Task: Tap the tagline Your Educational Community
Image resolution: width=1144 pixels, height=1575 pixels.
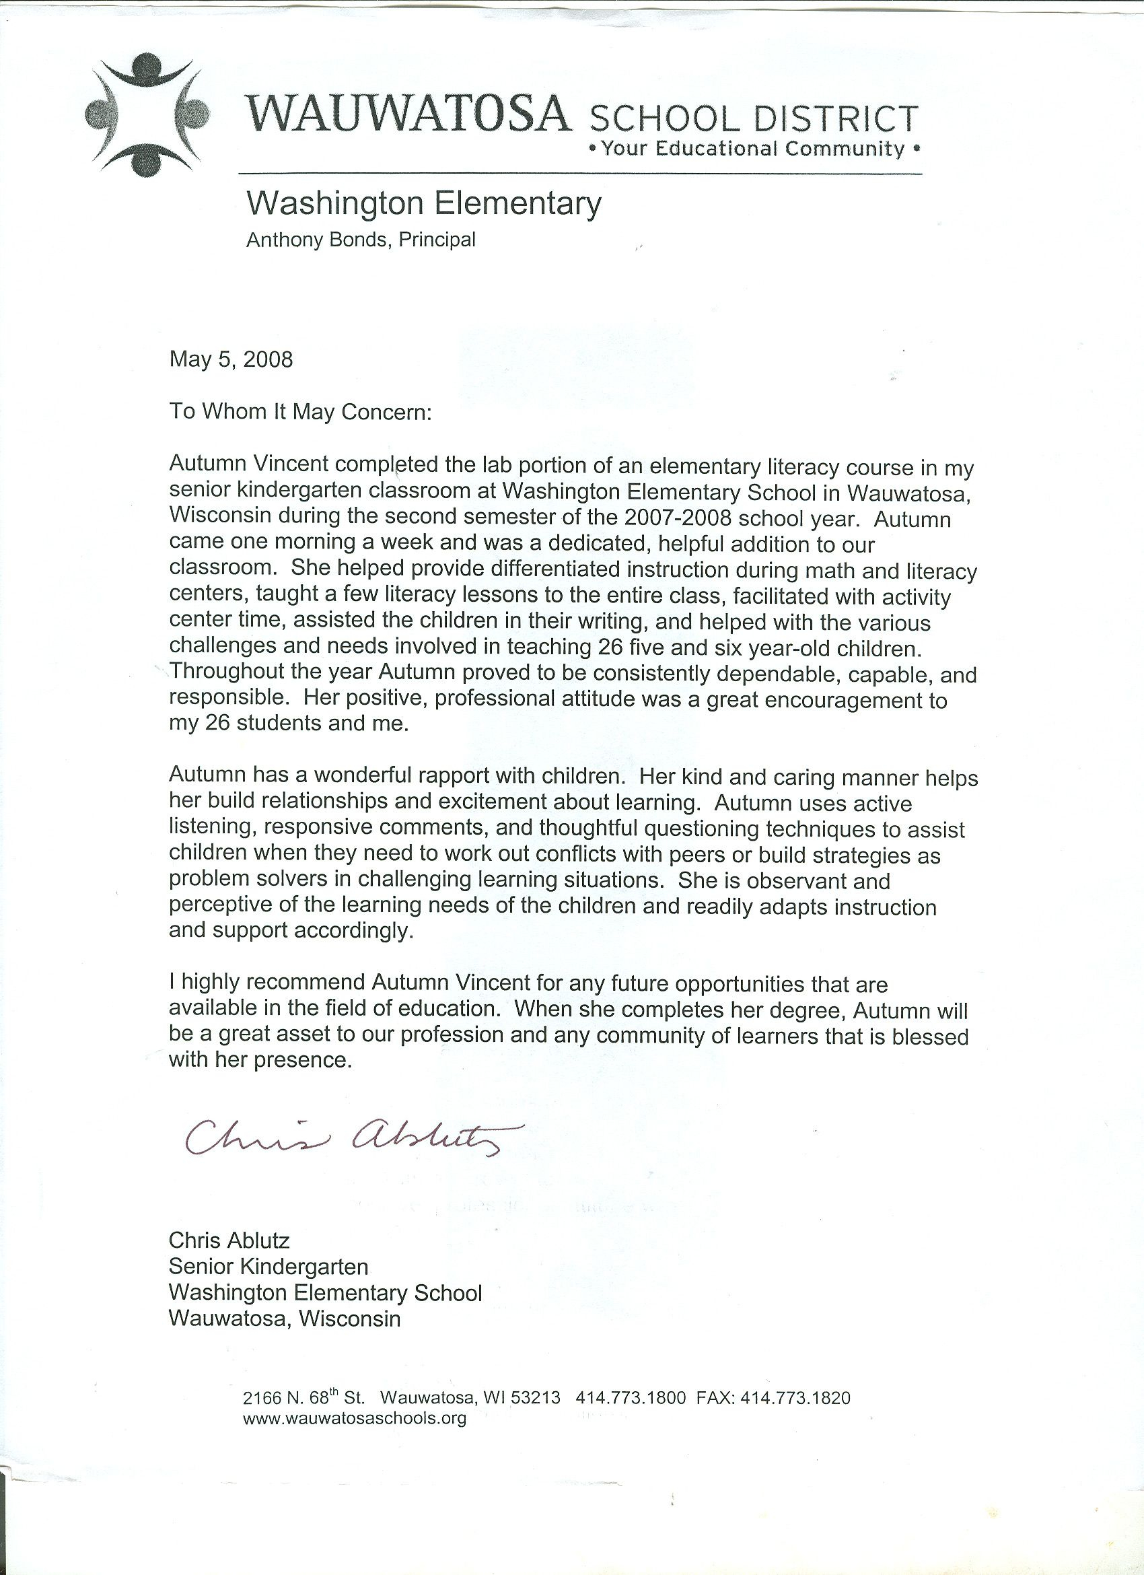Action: coord(754,149)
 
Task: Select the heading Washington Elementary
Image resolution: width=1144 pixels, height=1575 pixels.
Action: coord(424,204)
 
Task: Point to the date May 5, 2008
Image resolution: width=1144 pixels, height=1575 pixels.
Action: coord(231,359)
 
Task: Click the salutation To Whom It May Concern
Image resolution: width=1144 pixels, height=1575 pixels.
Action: coord(301,412)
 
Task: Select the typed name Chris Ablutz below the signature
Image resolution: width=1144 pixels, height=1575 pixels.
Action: coord(229,1240)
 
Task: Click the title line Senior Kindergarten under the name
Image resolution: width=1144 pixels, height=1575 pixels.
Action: coord(268,1267)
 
